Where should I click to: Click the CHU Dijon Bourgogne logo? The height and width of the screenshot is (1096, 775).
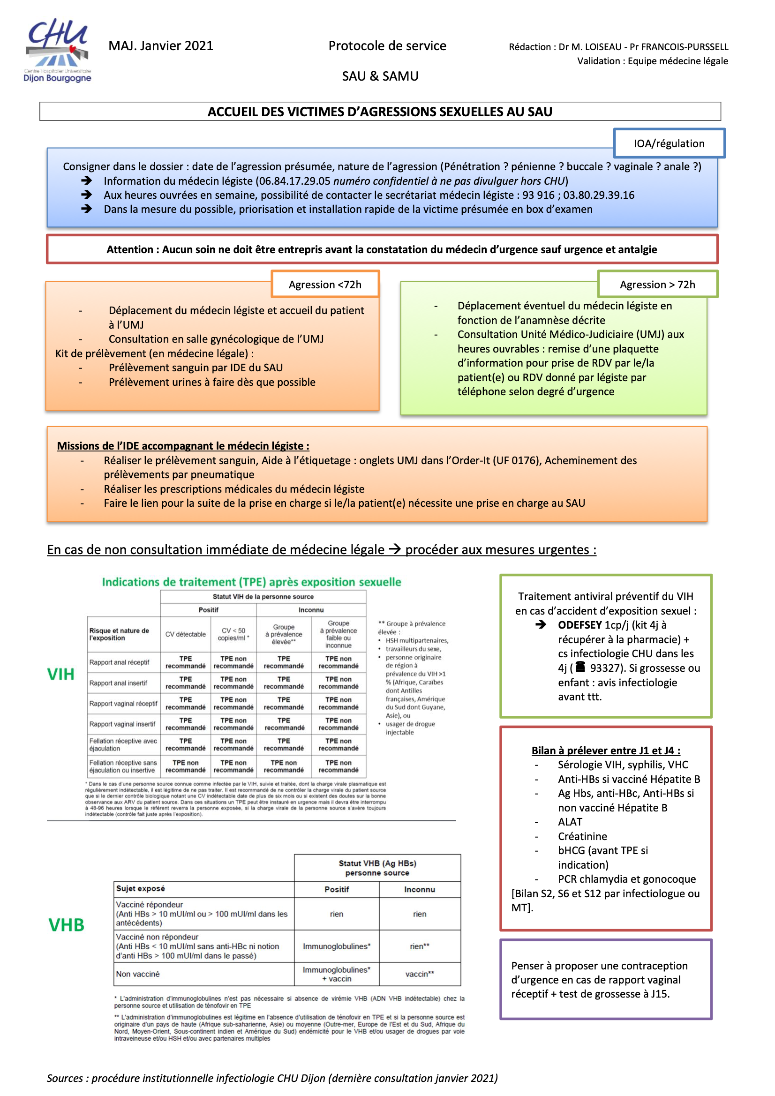tap(57, 51)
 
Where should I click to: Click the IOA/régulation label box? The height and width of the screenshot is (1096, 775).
tap(669, 143)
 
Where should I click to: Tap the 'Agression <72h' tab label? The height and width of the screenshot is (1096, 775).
tap(325, 285)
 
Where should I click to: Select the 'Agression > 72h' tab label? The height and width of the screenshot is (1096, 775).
tap(657, 285)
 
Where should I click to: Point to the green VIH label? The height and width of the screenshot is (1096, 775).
tap(60, 674)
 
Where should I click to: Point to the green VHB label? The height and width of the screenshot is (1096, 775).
tap(67, 924)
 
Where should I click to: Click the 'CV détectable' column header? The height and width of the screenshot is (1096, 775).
tap(185, 634)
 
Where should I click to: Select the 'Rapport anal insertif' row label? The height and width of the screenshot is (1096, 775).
tap(118, 683)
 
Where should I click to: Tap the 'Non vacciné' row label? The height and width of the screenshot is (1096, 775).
tap(138, 974)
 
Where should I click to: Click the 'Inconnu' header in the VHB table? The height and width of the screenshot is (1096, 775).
tap(419, 889)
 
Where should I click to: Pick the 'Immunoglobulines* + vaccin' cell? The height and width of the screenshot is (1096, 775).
tap(336, 974)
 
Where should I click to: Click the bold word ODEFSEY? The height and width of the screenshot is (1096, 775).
tap(579, 625)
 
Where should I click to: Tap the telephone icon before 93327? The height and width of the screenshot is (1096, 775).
tap(580, 667)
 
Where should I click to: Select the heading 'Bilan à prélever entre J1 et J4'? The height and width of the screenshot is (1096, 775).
tap(605, 751)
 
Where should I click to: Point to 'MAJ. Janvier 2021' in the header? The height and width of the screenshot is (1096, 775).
tap(160, 46)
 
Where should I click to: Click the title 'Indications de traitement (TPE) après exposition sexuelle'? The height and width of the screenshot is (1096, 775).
tap(251, 582)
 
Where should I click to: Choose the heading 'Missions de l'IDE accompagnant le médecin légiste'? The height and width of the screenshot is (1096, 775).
tap(183, 446)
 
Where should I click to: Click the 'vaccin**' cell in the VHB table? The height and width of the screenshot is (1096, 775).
tap(419, 974)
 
